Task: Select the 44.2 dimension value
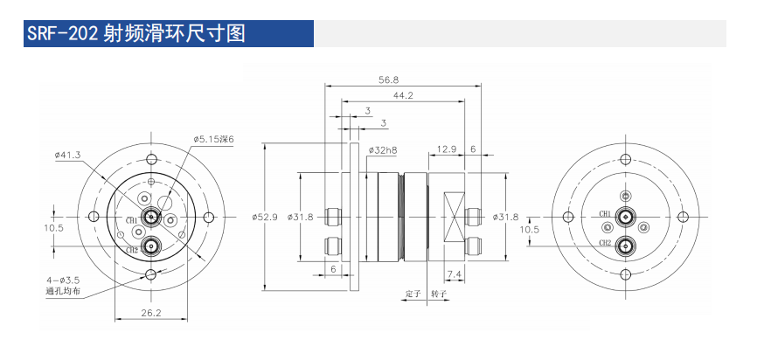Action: click(403, 94)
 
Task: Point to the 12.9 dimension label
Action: click(447, 149)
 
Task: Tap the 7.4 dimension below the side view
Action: click(454, 275)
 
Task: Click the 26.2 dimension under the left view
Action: click(151, 312)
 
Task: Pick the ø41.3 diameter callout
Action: click(67, 155)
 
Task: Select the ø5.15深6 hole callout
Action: click(215, 138)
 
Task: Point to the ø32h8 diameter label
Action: click(383, 150)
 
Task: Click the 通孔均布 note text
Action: click(63, 291)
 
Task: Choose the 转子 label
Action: click(439, 294)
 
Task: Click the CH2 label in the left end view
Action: click(131, 250)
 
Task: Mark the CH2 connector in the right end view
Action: click(626, 245)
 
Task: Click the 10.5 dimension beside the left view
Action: click(53, 228)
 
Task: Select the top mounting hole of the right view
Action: click(626, 159)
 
